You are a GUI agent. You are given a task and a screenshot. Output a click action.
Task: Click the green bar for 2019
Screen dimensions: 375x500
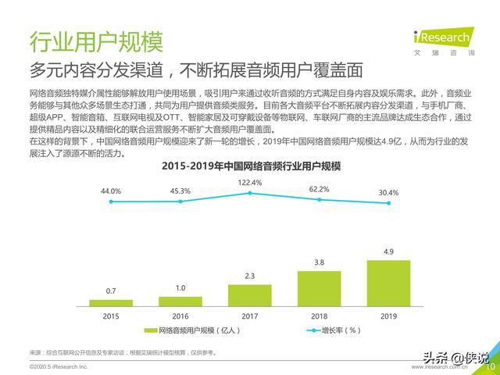pyautogui.click(x=389, y=283)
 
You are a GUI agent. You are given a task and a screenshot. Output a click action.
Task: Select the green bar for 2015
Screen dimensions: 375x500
pyautogui.click(x=111, y=302)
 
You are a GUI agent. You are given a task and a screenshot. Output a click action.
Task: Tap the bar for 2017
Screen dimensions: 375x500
pyautogui.click(x=250, y=295)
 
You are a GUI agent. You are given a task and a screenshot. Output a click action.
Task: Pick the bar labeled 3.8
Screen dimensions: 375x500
pyautogui.click(x=320, y=287)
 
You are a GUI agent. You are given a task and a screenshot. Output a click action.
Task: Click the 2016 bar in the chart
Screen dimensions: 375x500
pyautogui.click(x=180, y=301)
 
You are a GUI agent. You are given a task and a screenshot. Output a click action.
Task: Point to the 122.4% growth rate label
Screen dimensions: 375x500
pyautogui.click(x=250, y=183)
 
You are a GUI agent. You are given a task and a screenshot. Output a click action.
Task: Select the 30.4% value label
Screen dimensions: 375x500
pyautogui.click(x=388, y=193)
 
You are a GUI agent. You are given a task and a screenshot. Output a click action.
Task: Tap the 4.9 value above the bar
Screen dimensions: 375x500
pyautogui.click(x=388, y=252)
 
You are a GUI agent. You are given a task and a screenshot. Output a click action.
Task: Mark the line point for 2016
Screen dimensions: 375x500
pyautogui.click(x=180, y=202)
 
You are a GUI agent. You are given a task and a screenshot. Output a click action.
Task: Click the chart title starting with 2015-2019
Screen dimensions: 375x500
pyautogui.click(x=251, y=166)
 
